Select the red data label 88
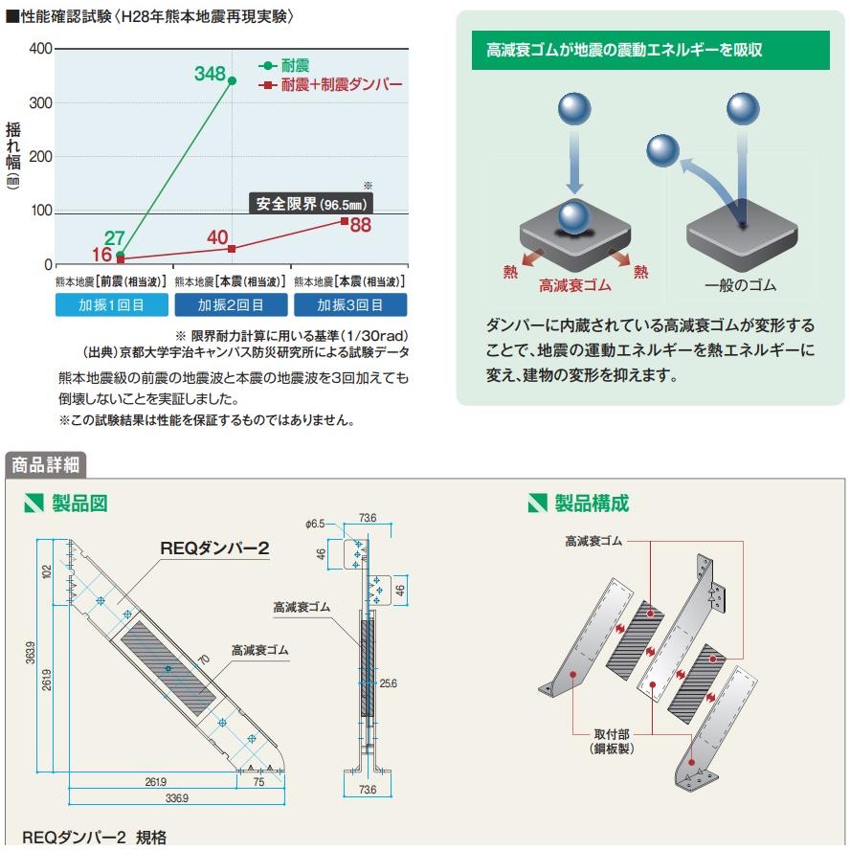click(x=360, y=226)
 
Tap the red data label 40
click(x=217, y=237)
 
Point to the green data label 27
click(x=115, y=237)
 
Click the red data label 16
click(x=102, y=255)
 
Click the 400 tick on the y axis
click(x=40, y=49)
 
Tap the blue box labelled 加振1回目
click(x=112, y=305)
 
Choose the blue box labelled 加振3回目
click(x=349, y=305)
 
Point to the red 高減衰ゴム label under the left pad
click(x=574, y=285)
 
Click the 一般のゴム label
click(x=740, y=285)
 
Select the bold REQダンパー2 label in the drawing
click(x=214, y=548)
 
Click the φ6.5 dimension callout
click(x=317, y=524)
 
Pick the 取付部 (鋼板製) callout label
click(x=613, y=740)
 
